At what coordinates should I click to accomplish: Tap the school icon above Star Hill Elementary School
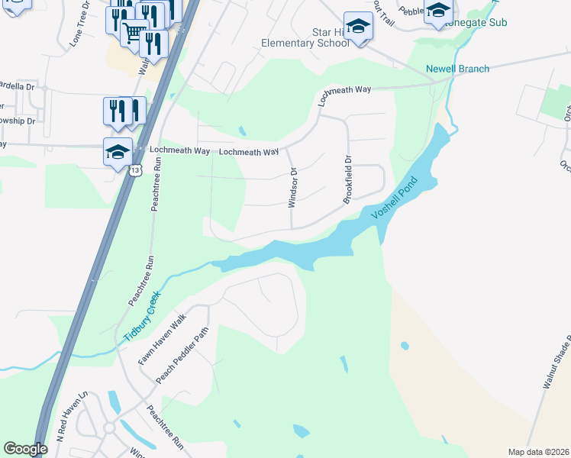pyautogui.click(x=356, y=27)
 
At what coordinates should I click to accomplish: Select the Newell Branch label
pyautogui.click(x=458, y=69)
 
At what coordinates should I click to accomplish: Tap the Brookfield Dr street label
pyautogui.click(x=347, y=181)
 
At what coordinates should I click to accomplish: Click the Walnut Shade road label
pyautogui.click(x=557, y=363)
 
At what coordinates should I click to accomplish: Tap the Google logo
pyautogui.click(x=26, y=449)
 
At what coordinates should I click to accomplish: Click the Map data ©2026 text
pyautogui.click(x=538, y=452)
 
